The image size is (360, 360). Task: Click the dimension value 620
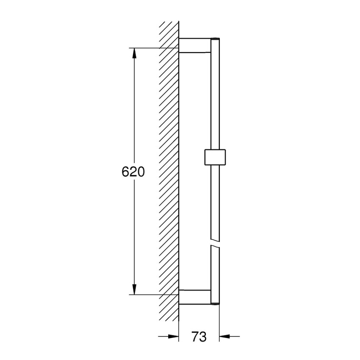click(133, 172)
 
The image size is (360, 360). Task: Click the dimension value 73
click(199, 337)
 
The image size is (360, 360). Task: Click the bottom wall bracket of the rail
click(194, 297)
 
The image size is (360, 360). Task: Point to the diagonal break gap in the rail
click(215, 246)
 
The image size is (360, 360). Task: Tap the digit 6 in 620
click(125, 172)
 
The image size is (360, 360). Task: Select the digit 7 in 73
click(195, 337)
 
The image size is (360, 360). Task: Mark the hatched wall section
click(169, 169)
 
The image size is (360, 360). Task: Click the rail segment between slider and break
click(215, 203)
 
